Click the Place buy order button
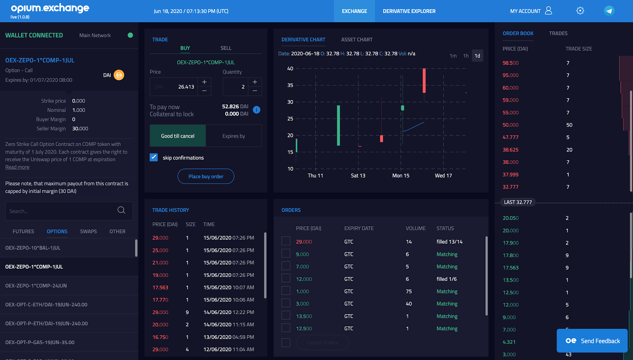(x=206, y=176)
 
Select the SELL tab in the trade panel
(x=226, y=48)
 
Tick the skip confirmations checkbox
(x=154, y=157)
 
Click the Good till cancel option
(x=178, y=136)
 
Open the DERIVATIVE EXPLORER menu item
(x=409, y=11)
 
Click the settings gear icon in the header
(x=580, y=11)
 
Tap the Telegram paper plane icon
(x=609, y=11)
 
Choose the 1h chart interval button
(x=466, y=56)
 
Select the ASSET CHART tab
(x=356, y=40)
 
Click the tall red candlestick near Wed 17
(x=424, y=81)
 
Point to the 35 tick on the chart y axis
(x=290, y=85)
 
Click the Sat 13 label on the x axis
(x=358, y=176)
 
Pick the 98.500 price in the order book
(x=510, y=63)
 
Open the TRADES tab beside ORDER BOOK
(x=558, y=34)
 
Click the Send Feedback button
(x=592, y=341)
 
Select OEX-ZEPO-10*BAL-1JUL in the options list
(x=33, y=248)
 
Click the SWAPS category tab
(x=88, y=231)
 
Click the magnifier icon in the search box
(x=121, y=210)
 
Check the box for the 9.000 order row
(x=286, y=254)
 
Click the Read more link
(x=17, y=167)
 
